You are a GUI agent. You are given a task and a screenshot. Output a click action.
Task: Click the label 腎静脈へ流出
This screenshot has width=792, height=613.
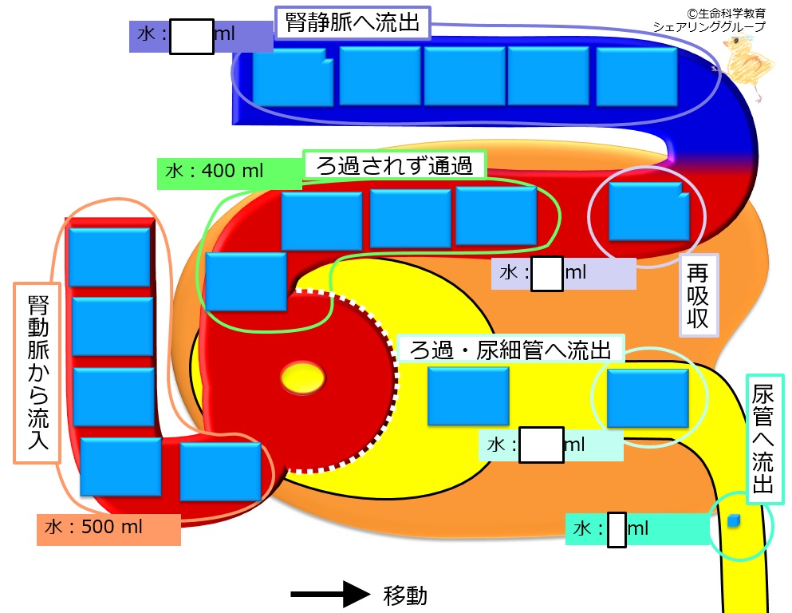353,22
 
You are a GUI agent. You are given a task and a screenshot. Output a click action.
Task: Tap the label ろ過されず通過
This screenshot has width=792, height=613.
395,165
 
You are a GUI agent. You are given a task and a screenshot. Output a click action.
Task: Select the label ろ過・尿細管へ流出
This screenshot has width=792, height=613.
510,350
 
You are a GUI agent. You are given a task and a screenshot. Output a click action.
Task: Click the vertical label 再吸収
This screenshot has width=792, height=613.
698,295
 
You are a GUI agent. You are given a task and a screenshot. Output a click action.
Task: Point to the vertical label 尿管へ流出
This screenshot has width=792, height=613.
763,439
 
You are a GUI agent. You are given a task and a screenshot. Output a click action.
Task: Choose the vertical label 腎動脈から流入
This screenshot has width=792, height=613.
38,373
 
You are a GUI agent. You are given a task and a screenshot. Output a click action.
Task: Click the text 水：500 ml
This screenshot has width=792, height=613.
93,527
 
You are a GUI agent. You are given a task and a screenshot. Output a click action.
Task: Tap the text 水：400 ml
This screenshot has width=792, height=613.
215,171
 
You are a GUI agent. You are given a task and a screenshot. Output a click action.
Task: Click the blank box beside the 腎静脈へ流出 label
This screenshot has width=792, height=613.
191,37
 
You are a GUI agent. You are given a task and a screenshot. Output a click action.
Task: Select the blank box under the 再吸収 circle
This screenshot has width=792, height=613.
547,274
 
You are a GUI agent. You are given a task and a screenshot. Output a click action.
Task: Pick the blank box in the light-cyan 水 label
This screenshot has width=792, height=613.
542,445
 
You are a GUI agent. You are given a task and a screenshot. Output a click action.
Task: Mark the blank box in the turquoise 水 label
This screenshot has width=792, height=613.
617,530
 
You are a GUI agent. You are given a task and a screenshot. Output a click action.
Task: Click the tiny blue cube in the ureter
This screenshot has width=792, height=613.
734,521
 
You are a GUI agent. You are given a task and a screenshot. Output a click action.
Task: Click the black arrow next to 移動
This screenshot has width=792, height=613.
330,595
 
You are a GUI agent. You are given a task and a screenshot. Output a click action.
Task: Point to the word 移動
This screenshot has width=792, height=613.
405,595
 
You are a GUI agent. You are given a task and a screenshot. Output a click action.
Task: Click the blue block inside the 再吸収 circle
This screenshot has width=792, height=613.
649,212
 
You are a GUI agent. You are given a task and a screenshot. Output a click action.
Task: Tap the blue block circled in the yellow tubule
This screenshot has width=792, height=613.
648,398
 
